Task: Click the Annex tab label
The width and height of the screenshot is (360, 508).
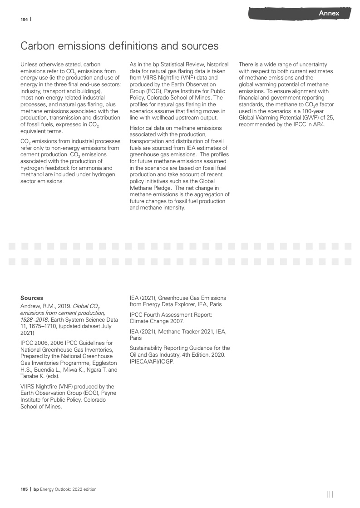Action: click(x=329, y=13)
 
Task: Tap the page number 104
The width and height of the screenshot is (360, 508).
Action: click(x=24, y=19)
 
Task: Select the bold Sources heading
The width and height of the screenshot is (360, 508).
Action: click(x=32, y=298)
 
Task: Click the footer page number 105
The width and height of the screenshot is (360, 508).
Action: click(x=24, y=489)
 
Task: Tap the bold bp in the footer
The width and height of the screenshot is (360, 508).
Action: click(x=36, y=489)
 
